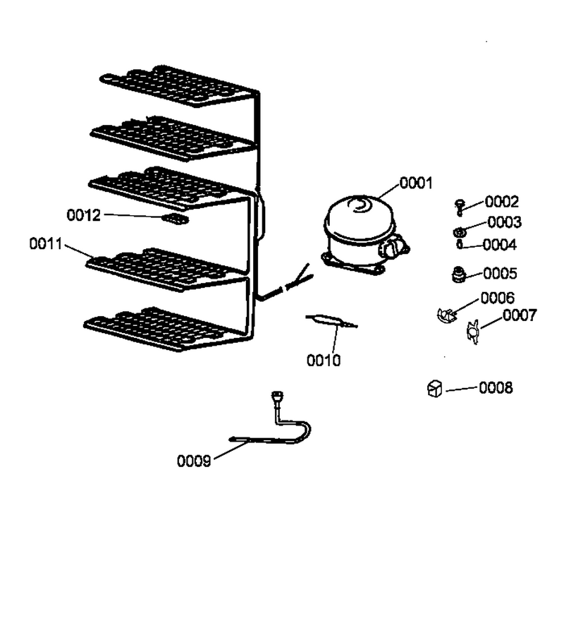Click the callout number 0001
(416, 183)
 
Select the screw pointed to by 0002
(460, 207)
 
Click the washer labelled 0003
(459, 232)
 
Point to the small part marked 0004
(460, 244)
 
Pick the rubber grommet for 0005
(458, 274)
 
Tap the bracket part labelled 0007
(473, 332)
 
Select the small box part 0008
(434, 388)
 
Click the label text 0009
(194, 461)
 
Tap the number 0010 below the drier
(324, 360)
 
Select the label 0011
(46, 244)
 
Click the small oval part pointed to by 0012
(175, 219)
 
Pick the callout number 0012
(84, 215)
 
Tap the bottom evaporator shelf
(166, 329)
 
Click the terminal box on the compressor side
(393, 248)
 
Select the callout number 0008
(496, 387)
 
